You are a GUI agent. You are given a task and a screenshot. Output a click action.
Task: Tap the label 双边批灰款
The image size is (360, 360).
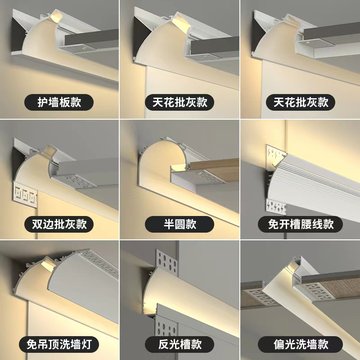point(60,223)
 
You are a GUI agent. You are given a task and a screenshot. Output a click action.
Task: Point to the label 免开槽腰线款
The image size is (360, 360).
point(299,223)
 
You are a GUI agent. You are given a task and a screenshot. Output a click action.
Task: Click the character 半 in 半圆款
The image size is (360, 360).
point(166,223)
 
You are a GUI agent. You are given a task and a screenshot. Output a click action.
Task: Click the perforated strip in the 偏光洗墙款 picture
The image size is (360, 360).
point(320,300)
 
